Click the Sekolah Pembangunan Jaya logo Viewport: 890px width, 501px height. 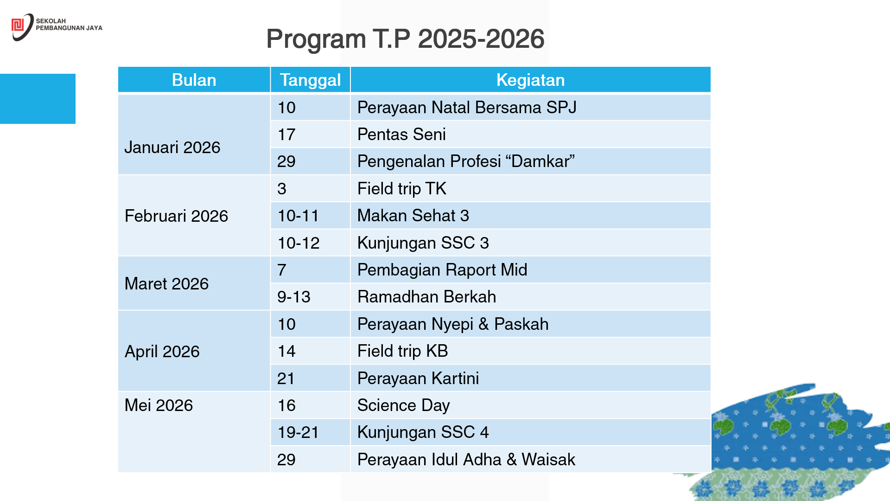click(57, 27)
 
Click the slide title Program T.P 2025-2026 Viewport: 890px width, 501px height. click(405, 39)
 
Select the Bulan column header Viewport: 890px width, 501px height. click(194, 80)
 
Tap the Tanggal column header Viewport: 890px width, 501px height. click(310, 80)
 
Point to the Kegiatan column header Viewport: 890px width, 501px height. click(530, 80)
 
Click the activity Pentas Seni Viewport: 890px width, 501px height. click(401, 134)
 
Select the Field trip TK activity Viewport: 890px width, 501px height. click(401, 188)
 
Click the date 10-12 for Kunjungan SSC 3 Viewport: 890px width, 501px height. click(299, 243)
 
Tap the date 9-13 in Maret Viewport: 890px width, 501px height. click(294, 296)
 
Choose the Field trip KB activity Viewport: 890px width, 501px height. click(402, 351)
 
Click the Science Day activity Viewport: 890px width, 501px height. click(403, 405)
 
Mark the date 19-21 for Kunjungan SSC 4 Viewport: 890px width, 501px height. click(299, 432)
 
